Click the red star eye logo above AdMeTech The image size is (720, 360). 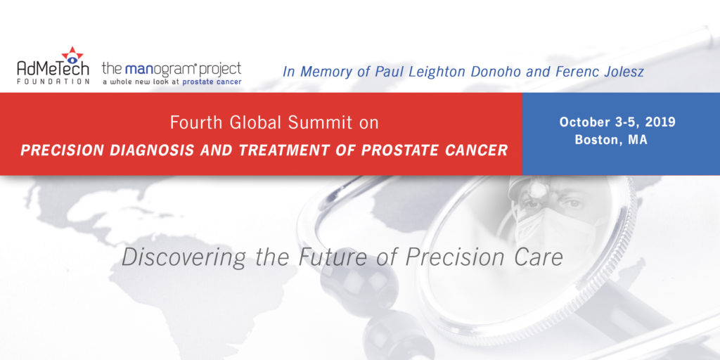pos(72,56)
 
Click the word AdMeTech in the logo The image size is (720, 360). pos(53,68)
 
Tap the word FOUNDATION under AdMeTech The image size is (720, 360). pos(53,82)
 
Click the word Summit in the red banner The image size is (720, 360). pos(321,122)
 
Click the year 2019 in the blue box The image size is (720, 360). pos(661,122)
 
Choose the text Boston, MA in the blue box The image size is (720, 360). pos(611,140)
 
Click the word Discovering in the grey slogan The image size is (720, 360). pos(184,258)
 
